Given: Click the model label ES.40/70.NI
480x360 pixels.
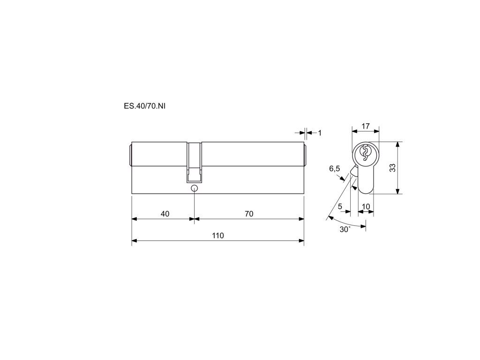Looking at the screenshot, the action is click(x=144, y=106).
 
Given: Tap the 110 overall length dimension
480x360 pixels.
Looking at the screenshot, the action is click(x=218, y=235).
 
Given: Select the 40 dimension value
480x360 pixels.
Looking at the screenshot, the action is click(x=165, y=214).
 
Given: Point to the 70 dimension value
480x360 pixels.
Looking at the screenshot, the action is click(x=249, y=214).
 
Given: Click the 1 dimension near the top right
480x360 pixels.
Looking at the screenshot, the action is click(x=320, y=133).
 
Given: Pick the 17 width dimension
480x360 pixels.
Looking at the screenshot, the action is click(x=366, y=126).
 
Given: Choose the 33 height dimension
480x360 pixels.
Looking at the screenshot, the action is click(x=392, y=168).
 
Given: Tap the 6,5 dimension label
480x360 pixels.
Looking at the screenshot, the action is click(x=335, y=168).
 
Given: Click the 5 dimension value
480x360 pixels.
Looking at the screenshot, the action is click(x=340, y=207).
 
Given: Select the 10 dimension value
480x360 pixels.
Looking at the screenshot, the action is click(x=366, y=207).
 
